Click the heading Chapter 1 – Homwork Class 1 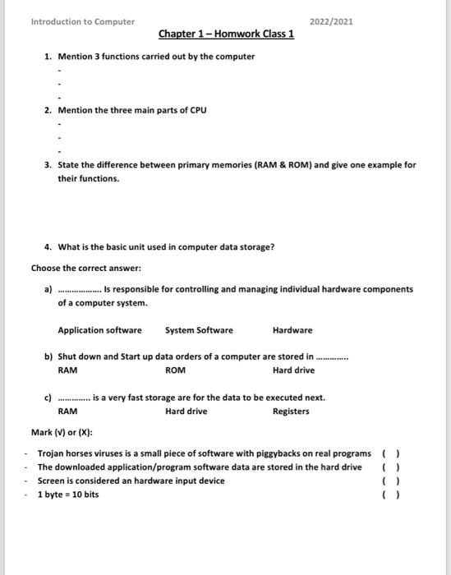pos(226,34)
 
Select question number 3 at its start pos(48,164)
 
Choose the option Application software pos(99,330)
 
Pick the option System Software pos(199,330)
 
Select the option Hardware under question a pos(292,330)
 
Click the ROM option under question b pos(175,370)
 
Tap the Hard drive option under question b pos(293,370)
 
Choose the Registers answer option pos(291,411)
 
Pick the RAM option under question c pos(67,411)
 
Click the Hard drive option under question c pos(186,411)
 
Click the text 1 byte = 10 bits pos(68,494)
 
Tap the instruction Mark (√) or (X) pos(62,432)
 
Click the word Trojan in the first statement pos(52,453)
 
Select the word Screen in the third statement pos(52,481)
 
